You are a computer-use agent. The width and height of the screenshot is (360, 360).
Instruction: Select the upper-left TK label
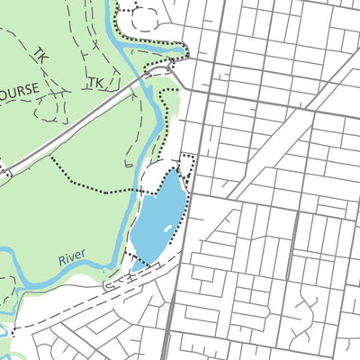(40, 56)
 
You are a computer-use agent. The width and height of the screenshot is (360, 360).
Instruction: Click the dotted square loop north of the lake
(188, 165)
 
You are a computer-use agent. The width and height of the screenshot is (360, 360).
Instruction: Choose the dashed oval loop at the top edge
(144, 13)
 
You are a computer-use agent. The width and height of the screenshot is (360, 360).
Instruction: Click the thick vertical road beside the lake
(176, 270)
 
